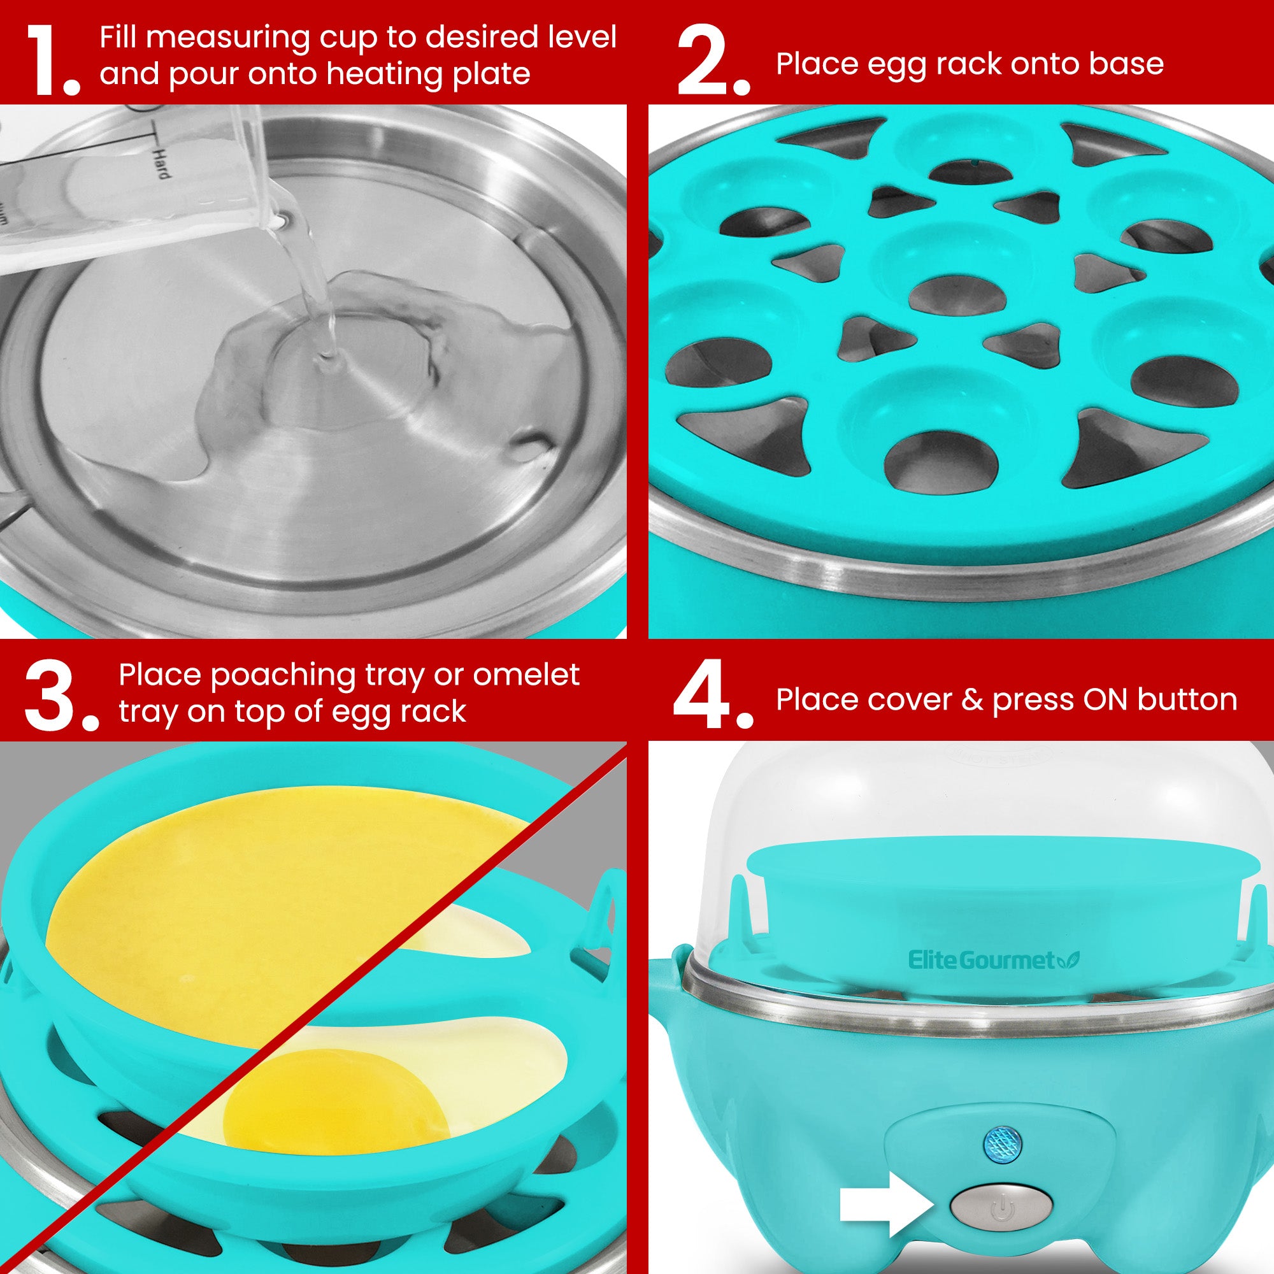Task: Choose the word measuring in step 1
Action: click(x=227, y=39)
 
